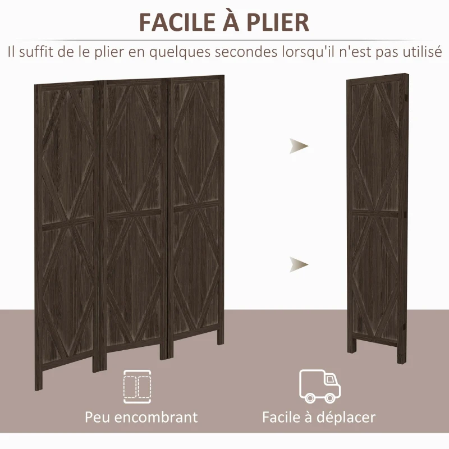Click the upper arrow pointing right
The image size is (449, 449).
[299, 147]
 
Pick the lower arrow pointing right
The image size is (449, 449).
[299, 263]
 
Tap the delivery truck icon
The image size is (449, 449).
[320, 386]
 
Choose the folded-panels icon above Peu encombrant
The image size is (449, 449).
[138, 386]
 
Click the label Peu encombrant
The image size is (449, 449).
[141, 417]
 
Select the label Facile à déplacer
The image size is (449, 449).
[319, 417]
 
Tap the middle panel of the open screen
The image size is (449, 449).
[133, 224]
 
